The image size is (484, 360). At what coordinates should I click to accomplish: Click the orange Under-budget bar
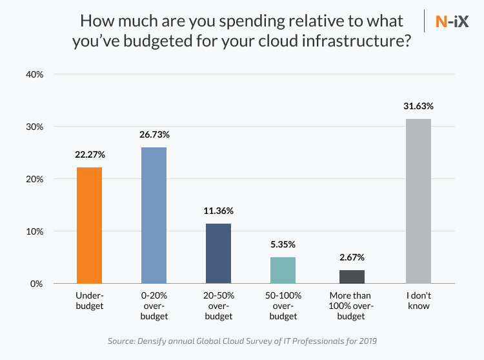[x=89, y=225]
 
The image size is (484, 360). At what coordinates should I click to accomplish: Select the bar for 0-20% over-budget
[x=154, y=215]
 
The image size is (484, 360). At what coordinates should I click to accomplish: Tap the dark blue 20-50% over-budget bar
[x=218, y=253]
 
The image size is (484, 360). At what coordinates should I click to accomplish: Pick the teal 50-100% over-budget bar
[x=283, y=270]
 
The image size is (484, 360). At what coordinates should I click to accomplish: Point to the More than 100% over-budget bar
[x=352, y=277]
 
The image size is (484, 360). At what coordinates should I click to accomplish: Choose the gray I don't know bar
[x=418, y=201]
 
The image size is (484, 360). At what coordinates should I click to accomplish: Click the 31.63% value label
[x=418, y=106]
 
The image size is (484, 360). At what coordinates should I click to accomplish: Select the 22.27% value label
[x=89, y=155]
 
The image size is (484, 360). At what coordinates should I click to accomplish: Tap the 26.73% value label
[x=154, y=134]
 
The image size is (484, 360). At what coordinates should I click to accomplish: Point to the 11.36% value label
[x=218, y=211]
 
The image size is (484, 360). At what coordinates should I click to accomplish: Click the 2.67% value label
[x=352, y=257]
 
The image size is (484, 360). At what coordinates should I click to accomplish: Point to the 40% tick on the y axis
[x=34, y=74]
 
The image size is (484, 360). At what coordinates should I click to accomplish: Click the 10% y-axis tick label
[x=34, y=231]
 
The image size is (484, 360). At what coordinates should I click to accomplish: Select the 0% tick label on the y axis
[x=36, y=284]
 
